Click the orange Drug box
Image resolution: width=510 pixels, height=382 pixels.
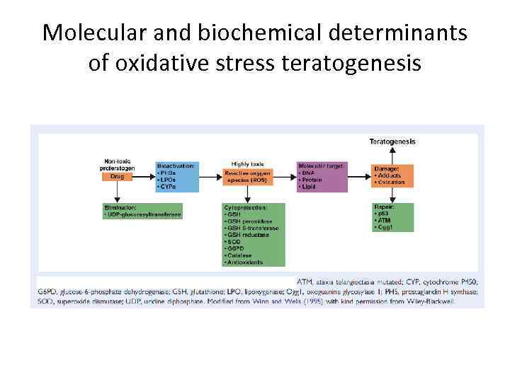(x=118, y=177)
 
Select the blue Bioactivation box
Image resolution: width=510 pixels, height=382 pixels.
(x=176, y=177)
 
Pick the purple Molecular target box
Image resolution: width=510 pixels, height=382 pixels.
(x=322, y=177)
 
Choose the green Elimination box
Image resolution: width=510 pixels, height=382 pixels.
(x=142, y=211)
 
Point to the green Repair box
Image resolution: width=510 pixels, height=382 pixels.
(x=392, y=216)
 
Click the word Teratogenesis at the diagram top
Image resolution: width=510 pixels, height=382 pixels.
(x=392, y=141)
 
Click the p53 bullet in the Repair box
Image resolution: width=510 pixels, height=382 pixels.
(x=383, y=214)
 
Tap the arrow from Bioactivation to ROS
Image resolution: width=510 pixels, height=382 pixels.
(x=210, y=177)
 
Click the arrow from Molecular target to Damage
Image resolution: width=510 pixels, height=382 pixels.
(x=360, y=177)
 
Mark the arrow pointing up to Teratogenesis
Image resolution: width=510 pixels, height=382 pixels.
(x=392, y=154)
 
